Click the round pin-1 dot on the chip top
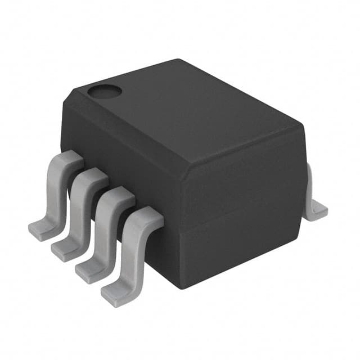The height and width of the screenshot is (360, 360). click(103, 91)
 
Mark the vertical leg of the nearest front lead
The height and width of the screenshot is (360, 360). click(132, 253)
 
